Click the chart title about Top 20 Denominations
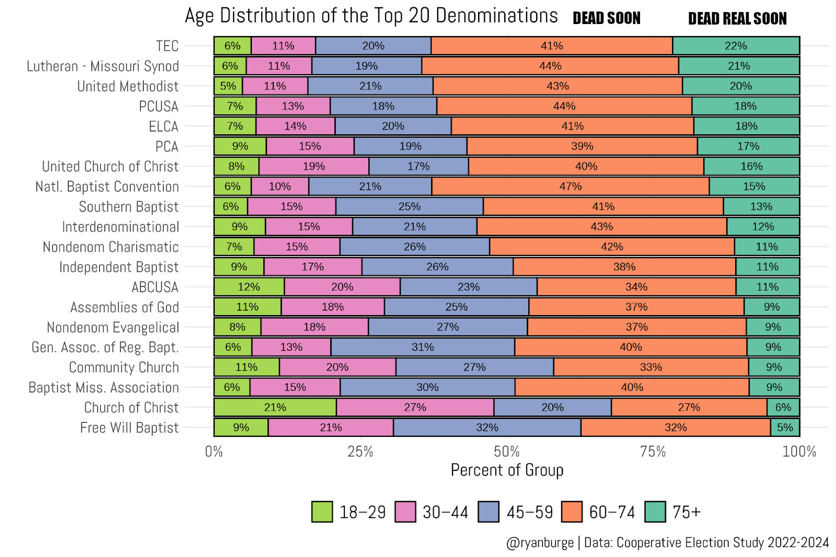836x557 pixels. pyautogui.click(x=371, y=16)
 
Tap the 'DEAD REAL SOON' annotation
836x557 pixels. pyautogui.click(x=737, y=19)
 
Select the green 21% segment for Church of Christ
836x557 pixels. pyautogui.click(x=275, y=408)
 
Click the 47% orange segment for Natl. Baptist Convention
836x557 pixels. pyautogui.click(x=570, y=187)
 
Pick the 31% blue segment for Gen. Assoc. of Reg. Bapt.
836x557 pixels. pyautogui.click(x=422, y=347)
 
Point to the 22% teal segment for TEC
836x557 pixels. pyautogui.click(x=736, y=46)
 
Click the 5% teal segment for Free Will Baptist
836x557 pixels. pyautogui.click(x=785, y=427)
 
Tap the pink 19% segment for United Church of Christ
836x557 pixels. pyautogui.click(x=313, y=166)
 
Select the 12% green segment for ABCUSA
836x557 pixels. pyautogui.click(x=249, y=287)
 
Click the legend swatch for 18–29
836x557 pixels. pyautogui.click(x=322, y=512)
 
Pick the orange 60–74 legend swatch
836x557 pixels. pyautogui.click(x=572, y=512)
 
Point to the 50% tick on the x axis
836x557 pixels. pyautogui.click(x=506, y=452)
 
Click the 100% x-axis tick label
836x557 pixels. pyautogui.click(x=799, y=452)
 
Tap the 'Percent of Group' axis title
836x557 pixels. pyautogui.click(x=507, y=470)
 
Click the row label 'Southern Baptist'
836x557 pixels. pyautogui.click(x=129, y=207)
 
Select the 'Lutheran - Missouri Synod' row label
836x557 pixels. pyautogui.click(x=102, y=66)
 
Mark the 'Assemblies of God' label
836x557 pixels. pyautogui.click(x=124, y=307)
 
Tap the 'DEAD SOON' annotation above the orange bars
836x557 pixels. pyautogui.click(x=606, y=18)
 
